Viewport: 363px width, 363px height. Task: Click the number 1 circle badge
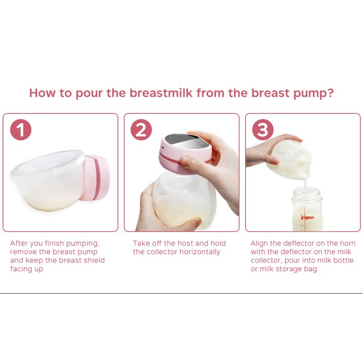20,130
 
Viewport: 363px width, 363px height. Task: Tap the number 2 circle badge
141,130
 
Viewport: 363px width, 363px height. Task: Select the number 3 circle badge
263,130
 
